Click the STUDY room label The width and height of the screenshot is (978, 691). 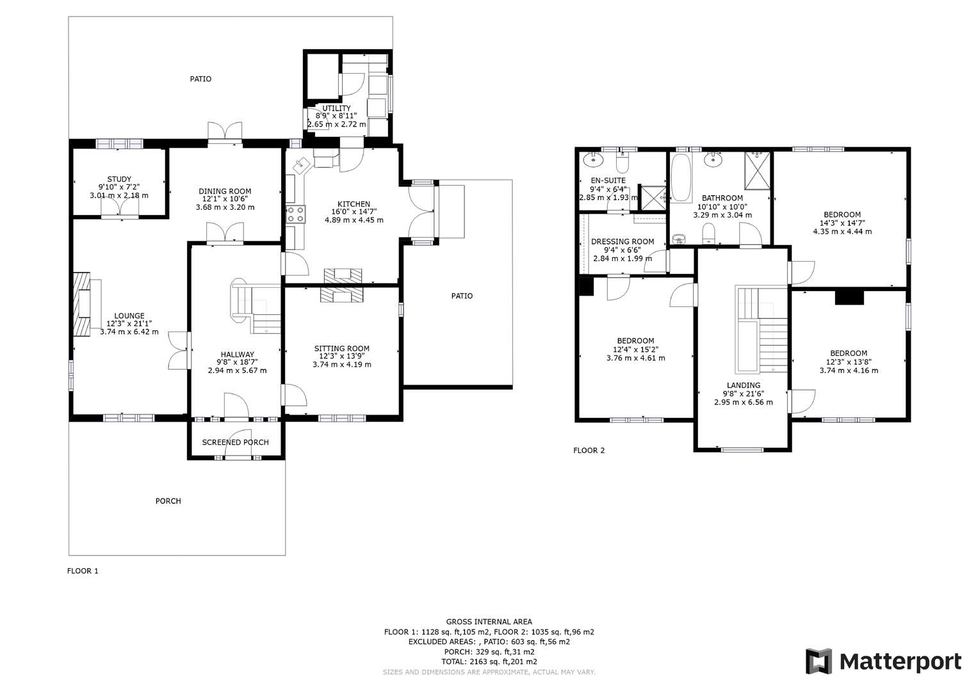point(119,179)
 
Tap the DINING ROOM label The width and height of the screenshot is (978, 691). point(225,191)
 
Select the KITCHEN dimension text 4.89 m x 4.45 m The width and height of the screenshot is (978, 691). point(354,220)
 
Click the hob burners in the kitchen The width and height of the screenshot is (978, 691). point(295,214)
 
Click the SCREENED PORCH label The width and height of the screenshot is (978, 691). point(235,442)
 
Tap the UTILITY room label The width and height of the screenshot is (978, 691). point(336,108)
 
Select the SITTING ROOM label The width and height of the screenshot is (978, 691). point(341,349)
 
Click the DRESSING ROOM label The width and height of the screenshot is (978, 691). point(623,241)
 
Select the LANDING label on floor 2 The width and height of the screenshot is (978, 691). point(743,385)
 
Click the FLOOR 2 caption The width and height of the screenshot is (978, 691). point(589,450)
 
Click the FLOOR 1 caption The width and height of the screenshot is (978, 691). point(83,571)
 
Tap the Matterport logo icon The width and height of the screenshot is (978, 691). point(818,661)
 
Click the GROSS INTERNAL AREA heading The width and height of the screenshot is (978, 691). point(489,621)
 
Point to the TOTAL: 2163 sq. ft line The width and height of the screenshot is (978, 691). point(489,662)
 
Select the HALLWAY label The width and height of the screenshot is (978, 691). point(237,354)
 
